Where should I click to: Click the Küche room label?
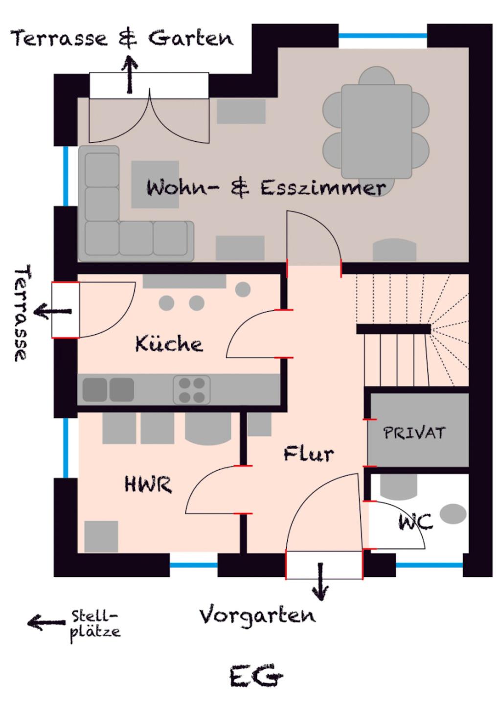pos(169,344)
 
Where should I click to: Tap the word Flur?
pos(308,454)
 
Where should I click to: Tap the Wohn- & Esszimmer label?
pos(266,187)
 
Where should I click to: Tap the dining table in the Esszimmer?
pos(376,131)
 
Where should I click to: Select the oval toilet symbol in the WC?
pos(453,513)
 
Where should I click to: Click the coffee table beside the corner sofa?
pos(155,184)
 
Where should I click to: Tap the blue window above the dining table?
pos(383,36)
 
